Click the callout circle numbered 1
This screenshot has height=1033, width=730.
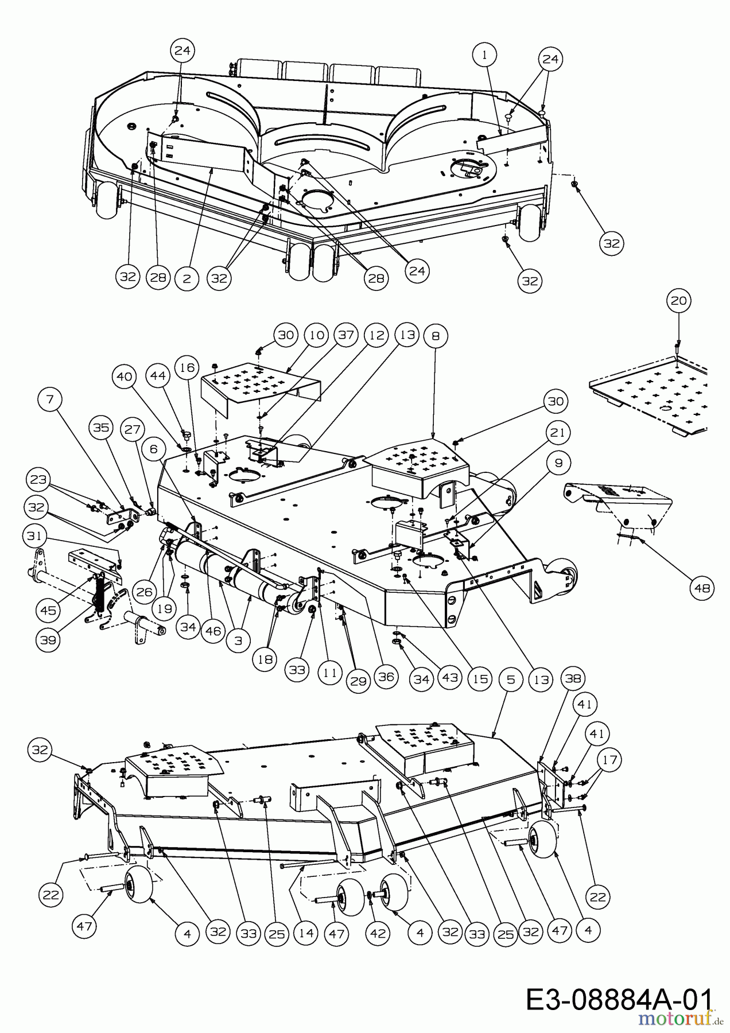(485, 55)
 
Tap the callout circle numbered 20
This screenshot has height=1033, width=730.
(678, 301)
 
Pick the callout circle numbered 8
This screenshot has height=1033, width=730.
(436, 336)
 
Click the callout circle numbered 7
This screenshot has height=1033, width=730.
(51, 400)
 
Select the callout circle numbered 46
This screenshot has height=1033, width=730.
(213, 631)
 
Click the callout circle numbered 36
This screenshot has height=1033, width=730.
(386, 678)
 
